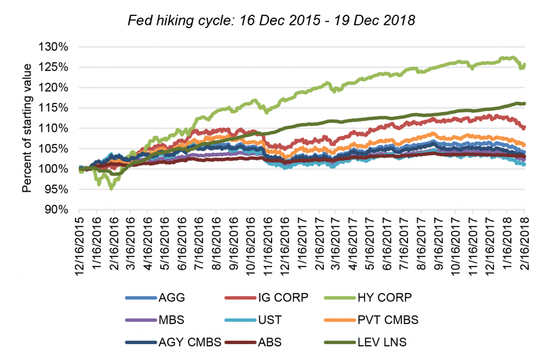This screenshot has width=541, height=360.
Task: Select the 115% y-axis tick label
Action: point(54,108)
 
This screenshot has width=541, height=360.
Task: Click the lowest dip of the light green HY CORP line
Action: point(111,188)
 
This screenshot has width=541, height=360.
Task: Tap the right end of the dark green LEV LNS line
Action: point(524,103)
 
